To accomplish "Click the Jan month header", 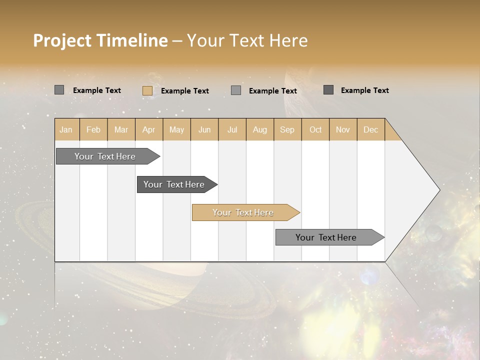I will pyautogui.click(x=66, y=129).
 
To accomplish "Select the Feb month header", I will pyautogui.click(x=93, y=129).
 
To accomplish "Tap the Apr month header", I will pyautogui.click(x=149, y=129).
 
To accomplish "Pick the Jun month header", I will pyautogui.click(x=204, y=129).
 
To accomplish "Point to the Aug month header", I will pyautogui.click(x=260, y=129).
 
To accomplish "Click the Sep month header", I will pyautogui.click(x=287, y=129).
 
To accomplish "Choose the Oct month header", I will pyautogui.click(x=315, y=129).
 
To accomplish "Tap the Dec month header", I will pyautogui.click(x=371, y=129).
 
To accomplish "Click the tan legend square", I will pyautogui.click(x=147, y=90).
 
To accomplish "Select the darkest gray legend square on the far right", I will pyautogui.click(x=328, y=90).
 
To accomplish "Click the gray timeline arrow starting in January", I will pyautogui.click(x=105, y=156).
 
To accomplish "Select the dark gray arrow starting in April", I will pyautogui.click(x=174, y=184).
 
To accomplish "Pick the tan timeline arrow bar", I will pyautogui.click(x=243, y=212).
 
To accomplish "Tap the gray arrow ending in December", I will pyautogui.click(x=326, y=237).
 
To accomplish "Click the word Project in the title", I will pyautogui.click(x=63, y=40).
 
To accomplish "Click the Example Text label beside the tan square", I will pyautogui.click(x=185, y=91).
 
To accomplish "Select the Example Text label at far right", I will pyautogui.click(x=365, y=90).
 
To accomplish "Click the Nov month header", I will pyautogui.click(x=343, y=129).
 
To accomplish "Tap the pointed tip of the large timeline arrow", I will pyautogui.click(x=438, y=189).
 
